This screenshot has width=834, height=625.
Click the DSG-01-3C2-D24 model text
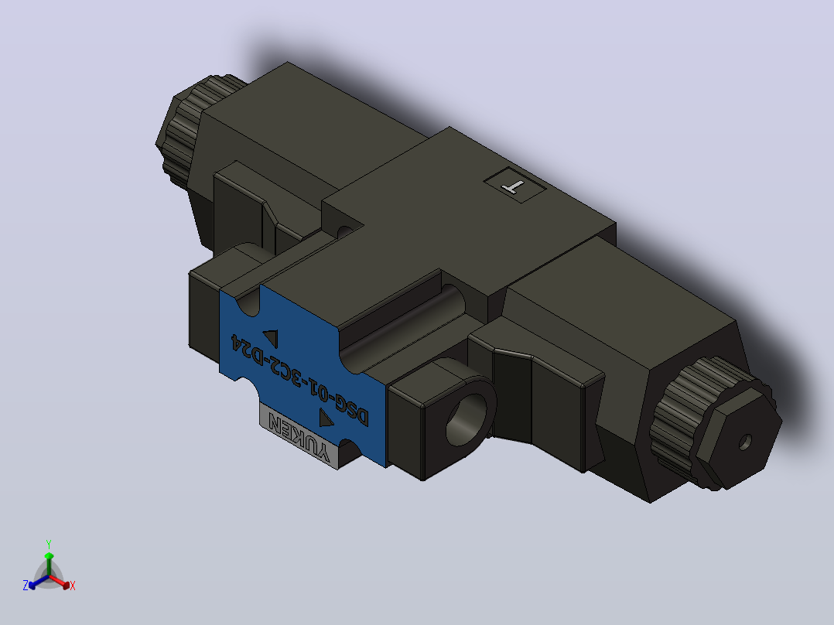point(299,380)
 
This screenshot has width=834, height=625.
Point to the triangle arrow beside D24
point(271,338)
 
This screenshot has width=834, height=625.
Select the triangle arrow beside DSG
point(326,418)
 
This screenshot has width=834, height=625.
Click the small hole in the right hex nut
point(745,442)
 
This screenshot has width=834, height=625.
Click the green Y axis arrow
point(49,564)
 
